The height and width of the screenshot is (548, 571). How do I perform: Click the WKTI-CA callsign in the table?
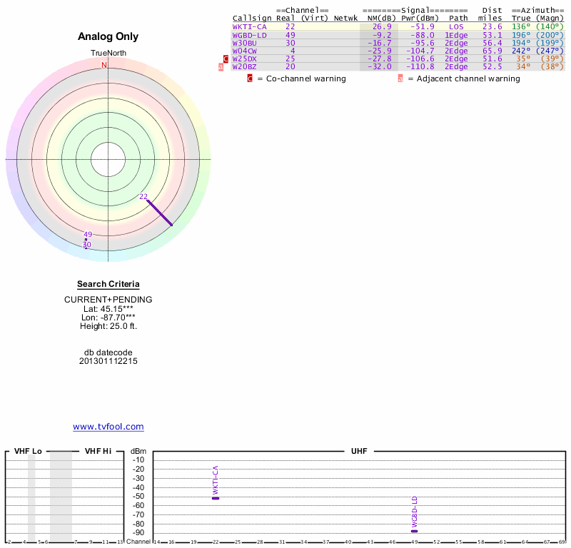click(x=248, y=26)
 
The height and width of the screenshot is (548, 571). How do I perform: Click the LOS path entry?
click(x=457, y=26)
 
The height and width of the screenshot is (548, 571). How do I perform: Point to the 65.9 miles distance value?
click(x=492, y=51)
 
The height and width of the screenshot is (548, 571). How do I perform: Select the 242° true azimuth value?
click(x=521, y=51)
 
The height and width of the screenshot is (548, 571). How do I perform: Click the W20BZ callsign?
click(x=244, y=66)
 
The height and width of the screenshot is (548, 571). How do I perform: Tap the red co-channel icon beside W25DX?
click(x=226, y=59)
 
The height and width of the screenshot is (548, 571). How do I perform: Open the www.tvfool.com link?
click(x=108, y=427)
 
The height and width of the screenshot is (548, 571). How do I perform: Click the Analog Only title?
click(x=108, y=36)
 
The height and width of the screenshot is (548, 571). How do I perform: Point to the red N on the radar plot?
click(x=104, y=65)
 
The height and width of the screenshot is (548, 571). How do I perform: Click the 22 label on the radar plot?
click(x=143, y=196)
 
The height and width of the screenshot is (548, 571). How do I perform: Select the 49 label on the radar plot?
click(x=88, y=234)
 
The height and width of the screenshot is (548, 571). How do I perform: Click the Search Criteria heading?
click(x=108, y=284)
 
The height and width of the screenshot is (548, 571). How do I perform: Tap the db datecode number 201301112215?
click(x=108, y=361)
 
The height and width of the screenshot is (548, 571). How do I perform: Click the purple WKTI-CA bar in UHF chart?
click(x=216, y=498)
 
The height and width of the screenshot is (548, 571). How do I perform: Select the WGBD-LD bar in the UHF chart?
click(x=414, y=531)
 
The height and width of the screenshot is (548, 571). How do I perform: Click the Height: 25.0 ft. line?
click(x=108, y=326)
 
